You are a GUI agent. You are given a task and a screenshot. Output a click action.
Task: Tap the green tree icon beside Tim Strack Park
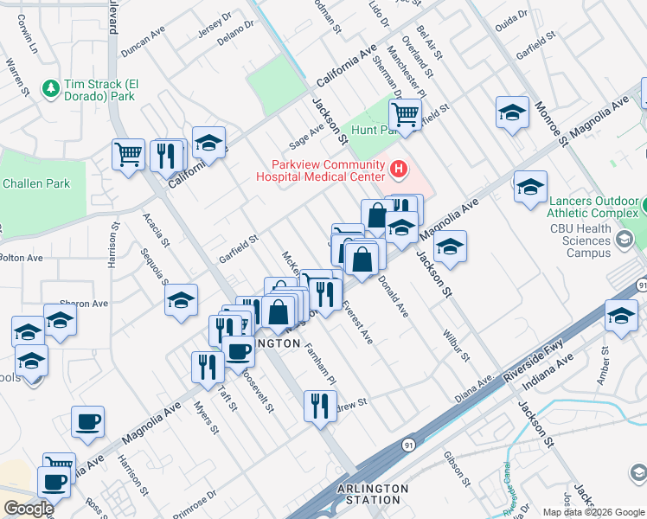pyautogui.click(x=51, y=87)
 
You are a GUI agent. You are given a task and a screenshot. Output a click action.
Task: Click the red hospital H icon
pyautogui.click(x=398, y=169)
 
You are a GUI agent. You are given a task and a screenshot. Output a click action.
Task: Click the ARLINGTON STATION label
pyautogui.click(x=373, y=494)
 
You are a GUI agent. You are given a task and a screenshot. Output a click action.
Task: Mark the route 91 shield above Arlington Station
pyautogui.click(x=407, y=444)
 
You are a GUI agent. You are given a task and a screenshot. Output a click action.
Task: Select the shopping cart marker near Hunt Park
pyautogui.click(x=404, y=112)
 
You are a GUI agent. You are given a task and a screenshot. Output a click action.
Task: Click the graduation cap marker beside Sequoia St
pyautogui.click(x=181, y=301)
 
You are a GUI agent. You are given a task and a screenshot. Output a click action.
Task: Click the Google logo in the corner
pyautogui.click(x=28, y=508)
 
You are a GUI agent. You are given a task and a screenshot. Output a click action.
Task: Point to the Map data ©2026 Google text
pyautogui.click(x=593, y=512)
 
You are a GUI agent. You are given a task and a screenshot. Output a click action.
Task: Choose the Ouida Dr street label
pyautogui.click(x=511, y=19)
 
